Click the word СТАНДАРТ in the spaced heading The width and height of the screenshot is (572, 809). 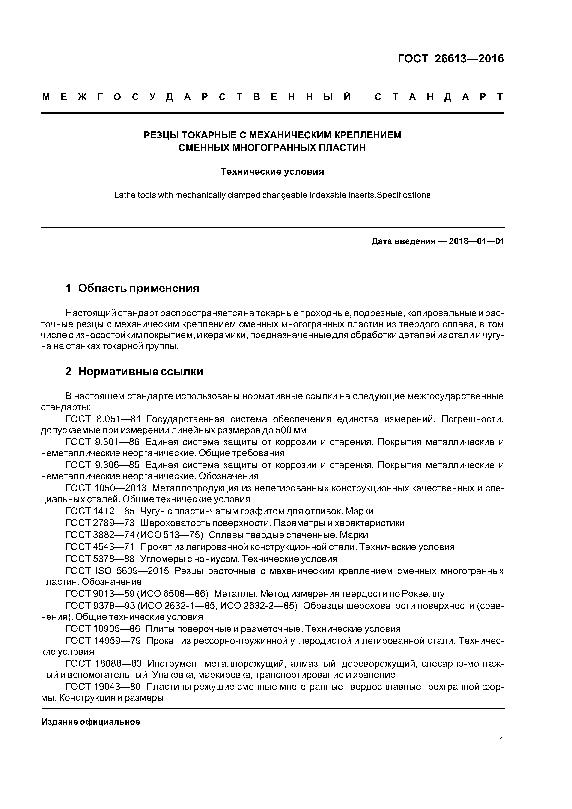point(439,97)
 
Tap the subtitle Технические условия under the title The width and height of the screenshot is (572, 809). point(272,172)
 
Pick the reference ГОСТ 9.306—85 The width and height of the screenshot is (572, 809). point(103,465)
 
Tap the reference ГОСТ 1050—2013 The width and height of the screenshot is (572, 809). point(106,488)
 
